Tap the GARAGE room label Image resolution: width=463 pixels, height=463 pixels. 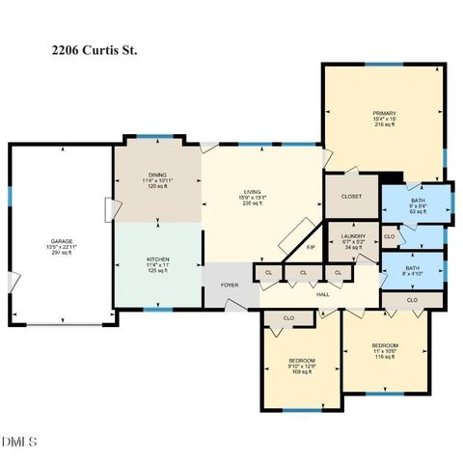coord(62,241)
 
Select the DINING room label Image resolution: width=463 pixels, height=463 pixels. coord(157,174)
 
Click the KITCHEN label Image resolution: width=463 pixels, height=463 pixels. coord(157,259)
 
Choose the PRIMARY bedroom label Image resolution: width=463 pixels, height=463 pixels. coord(384,113)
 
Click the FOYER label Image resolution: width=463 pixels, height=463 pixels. coord(230,285)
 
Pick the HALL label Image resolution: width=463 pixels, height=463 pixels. coord(323,295)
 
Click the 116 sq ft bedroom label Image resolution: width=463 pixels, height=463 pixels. coord(385,345)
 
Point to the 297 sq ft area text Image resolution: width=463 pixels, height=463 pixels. coord(62,255)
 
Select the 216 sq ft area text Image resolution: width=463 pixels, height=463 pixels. coord(384,125)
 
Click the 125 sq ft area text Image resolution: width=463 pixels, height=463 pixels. coord(157,271)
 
